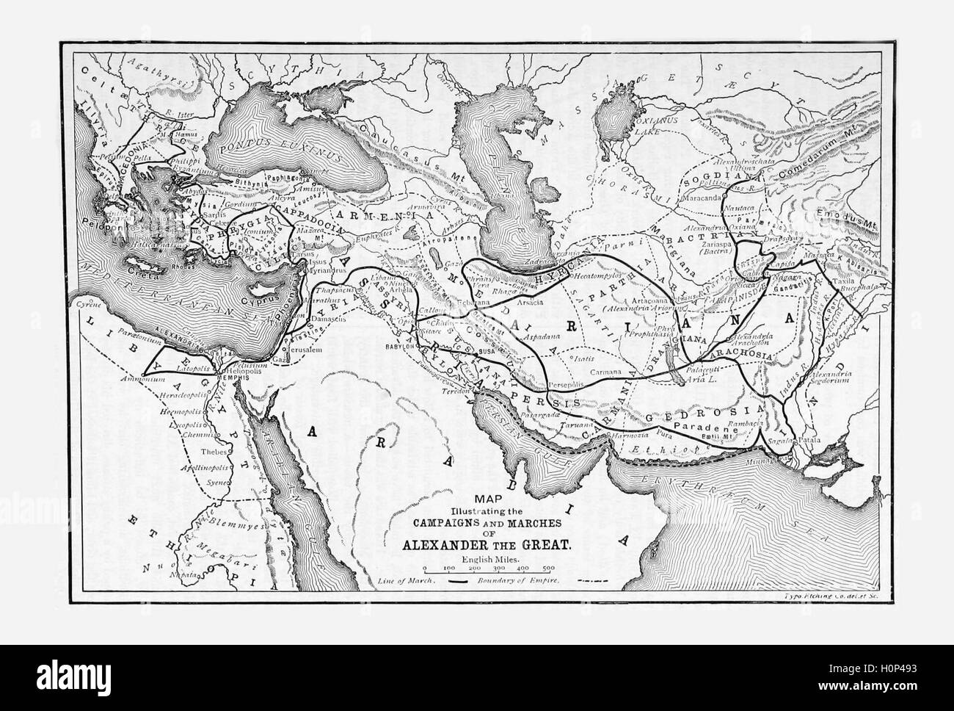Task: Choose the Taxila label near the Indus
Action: click(x=845, y=291)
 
